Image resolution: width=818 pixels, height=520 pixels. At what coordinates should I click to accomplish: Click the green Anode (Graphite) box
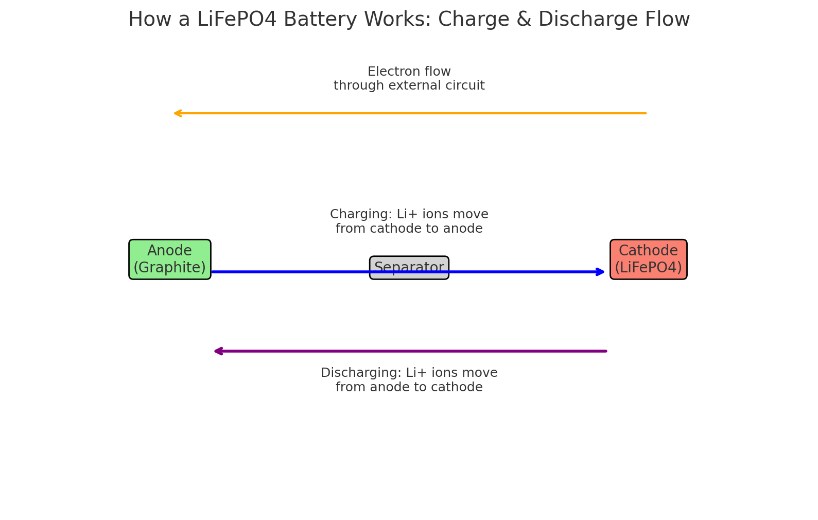169,259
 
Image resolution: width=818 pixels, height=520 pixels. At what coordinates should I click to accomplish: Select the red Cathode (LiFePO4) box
648,259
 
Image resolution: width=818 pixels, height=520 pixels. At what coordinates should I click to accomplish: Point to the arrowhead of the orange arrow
176,113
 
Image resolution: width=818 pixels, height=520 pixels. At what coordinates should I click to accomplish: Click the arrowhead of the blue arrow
601,272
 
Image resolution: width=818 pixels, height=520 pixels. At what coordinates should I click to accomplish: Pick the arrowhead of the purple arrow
217,351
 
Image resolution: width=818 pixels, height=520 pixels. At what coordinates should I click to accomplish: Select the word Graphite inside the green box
169,268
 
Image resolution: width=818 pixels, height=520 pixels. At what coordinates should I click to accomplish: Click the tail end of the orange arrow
646,113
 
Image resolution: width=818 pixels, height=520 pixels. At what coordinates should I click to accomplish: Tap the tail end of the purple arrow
606,351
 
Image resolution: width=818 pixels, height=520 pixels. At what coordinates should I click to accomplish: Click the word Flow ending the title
667,20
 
